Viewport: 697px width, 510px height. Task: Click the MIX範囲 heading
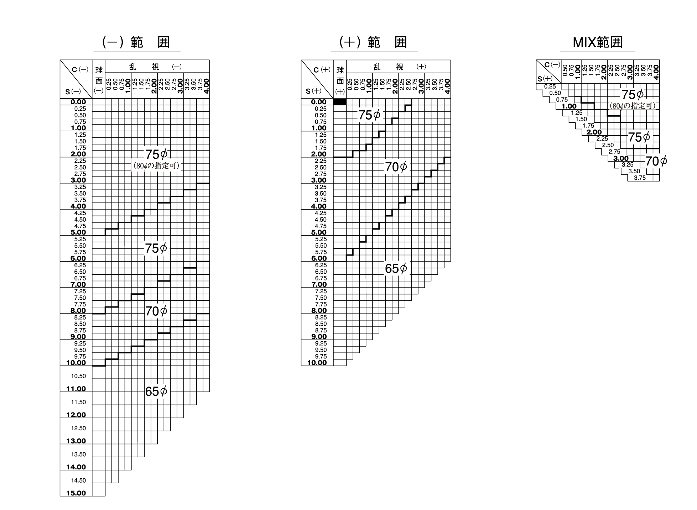tap(597, 42)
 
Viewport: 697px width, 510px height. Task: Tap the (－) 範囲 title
tap(136, 42)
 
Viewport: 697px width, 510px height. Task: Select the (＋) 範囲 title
tap(374, 42)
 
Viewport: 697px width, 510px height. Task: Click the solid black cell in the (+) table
tap(340, 102)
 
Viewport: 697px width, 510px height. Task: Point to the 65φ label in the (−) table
tap(156, 391)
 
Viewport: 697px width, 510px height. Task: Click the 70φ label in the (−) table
tap(156, 311)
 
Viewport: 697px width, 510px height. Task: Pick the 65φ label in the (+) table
tap(396, 269)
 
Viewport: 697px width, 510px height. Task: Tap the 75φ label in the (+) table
tap(369, 115)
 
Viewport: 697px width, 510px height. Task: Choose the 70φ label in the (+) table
tap(396, 167)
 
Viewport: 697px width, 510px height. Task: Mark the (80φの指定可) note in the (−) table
tap(156, 166)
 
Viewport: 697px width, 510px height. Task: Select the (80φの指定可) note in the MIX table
tap(632, 106)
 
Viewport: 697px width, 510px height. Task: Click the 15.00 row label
tap(76, 493)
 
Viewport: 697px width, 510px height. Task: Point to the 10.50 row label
tap(78, 376)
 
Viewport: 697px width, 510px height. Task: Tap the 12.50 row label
tap(78, 428)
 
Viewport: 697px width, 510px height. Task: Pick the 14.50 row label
tap(78, 480)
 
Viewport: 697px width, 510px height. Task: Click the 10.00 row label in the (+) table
tap(317, 363)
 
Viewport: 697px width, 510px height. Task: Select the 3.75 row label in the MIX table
tap(640, 178)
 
